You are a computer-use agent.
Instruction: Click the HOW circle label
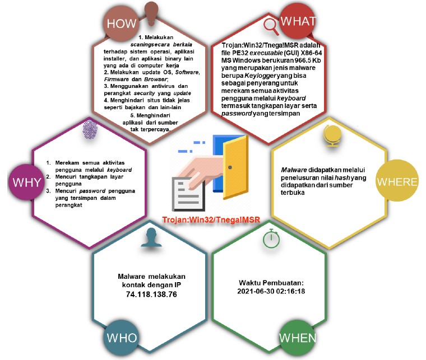121,23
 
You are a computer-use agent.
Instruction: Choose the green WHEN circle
297,339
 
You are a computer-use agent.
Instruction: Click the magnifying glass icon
270,25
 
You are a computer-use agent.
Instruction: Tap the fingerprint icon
89,130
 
